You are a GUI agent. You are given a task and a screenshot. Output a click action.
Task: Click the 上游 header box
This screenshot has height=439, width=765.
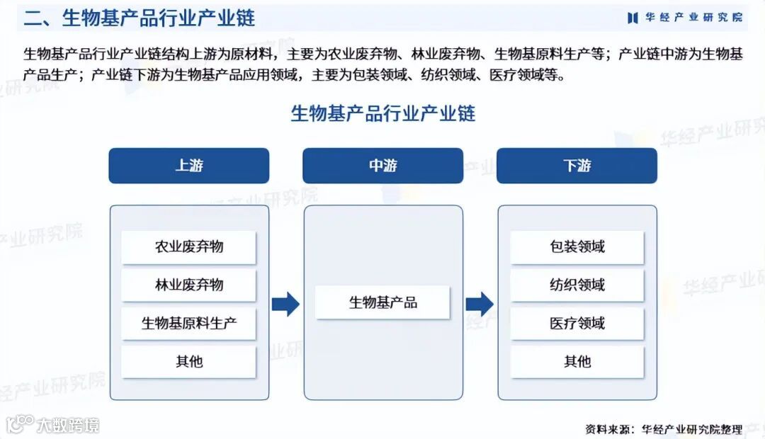(188, 166)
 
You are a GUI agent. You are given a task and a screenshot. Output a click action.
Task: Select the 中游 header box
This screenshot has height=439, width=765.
(382, 166)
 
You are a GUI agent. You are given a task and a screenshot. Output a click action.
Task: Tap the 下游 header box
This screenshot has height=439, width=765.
(577, 166)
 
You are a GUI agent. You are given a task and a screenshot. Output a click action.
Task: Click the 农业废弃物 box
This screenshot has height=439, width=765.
(188, 247)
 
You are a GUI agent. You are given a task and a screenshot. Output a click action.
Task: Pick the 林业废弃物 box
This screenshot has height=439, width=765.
(188, 285)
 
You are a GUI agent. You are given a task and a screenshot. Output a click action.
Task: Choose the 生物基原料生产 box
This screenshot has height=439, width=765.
(188, 324)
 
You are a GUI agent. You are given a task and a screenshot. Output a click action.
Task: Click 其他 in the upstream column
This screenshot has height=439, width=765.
(188, 362)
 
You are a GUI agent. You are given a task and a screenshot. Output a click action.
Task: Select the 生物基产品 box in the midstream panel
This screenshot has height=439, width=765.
(382, 303)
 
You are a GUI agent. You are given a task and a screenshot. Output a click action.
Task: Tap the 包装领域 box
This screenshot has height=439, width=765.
(577, 247)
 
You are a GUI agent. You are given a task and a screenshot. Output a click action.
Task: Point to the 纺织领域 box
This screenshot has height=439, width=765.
(577, 285)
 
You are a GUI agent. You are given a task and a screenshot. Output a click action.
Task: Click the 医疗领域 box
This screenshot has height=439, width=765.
(577, 324)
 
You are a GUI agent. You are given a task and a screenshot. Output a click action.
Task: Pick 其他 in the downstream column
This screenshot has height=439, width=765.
(577, 362)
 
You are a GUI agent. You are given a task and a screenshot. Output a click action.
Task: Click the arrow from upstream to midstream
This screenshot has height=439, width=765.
(285, 304)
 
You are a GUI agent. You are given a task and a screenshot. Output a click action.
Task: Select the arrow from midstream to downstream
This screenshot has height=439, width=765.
(480, 304)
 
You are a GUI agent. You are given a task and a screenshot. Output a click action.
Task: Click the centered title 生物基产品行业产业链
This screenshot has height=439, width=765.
(382, 113)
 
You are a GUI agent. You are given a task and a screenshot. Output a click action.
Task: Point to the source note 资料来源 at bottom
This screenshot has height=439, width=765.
(663, 429)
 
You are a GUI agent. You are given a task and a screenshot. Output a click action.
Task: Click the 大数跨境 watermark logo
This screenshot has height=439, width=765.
(53, 425)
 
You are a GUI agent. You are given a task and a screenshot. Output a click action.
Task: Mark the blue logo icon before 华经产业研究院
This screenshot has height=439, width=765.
(633, 18)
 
